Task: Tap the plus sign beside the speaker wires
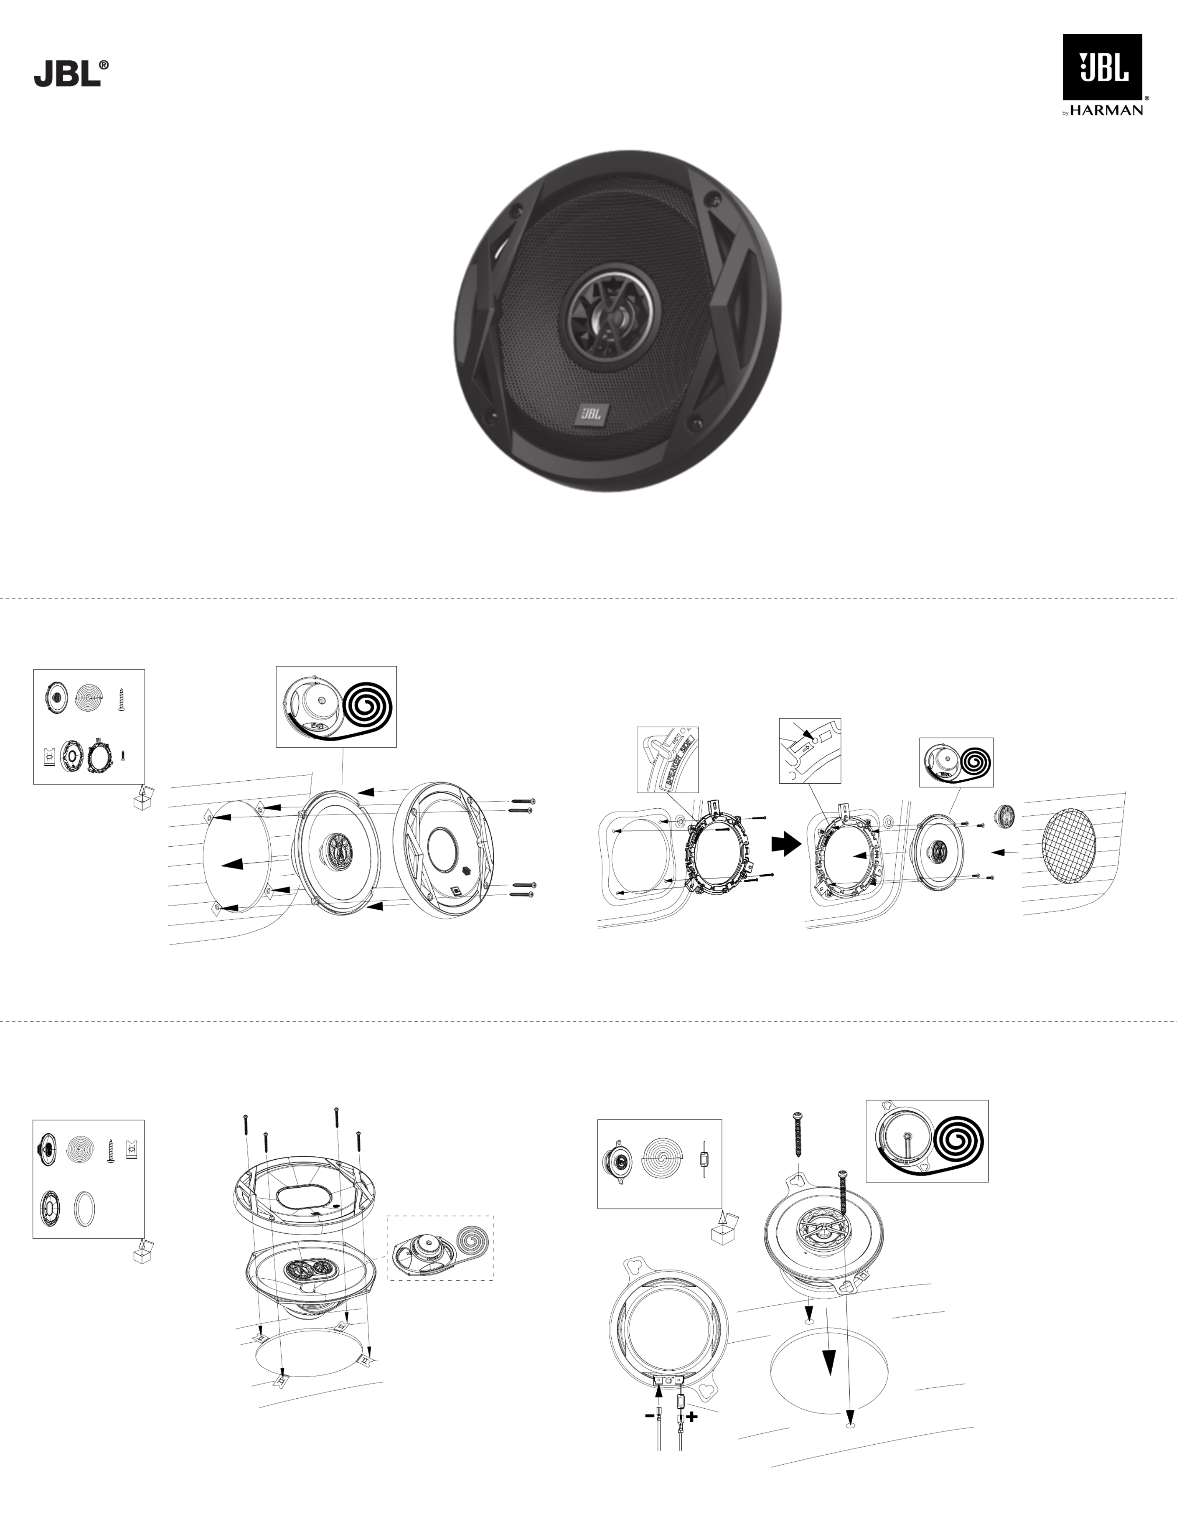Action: [x=692, y=1416]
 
